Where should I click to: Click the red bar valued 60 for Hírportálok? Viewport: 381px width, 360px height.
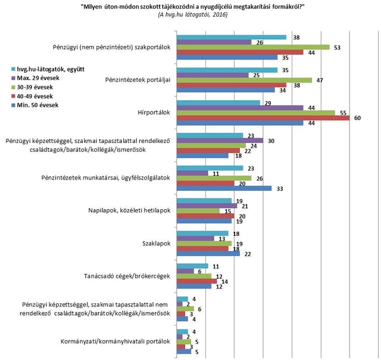(263, 118)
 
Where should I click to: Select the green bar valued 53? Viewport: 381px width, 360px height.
(253, 47)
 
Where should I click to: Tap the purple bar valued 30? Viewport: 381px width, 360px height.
(220, 141)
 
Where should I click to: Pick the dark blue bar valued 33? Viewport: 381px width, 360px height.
(224, 188)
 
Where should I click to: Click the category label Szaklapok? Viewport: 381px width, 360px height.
(156, 244)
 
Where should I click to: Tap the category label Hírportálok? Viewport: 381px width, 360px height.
(154, 113)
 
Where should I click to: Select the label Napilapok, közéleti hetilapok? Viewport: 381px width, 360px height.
(129, 210)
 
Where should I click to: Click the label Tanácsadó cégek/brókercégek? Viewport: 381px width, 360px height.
(127, 277)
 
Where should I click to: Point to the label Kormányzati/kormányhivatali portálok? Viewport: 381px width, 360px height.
(115, 342)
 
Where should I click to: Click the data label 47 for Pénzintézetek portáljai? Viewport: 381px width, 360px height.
(320, 80)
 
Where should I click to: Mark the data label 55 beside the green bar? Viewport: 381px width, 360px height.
(343, 113)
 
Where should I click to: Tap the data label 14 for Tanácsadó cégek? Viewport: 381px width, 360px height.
(225, 282)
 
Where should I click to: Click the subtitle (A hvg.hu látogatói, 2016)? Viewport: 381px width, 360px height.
(193, 14)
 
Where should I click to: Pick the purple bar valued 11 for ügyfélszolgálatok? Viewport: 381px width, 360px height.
(193, 173)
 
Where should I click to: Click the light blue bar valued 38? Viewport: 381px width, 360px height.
(232, 37)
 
